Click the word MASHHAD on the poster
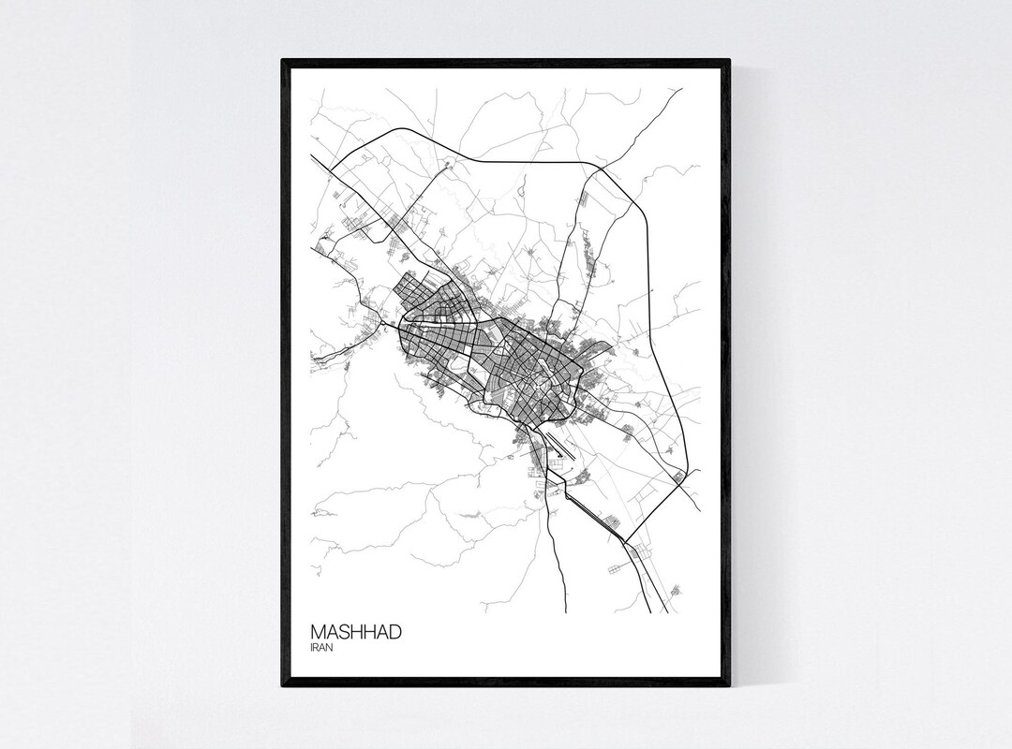coord(357,632)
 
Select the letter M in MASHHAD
coord(318,632)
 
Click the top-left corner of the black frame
coord(284,62)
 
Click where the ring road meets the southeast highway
coord(624,542)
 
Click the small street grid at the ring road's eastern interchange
coord(677,477)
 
